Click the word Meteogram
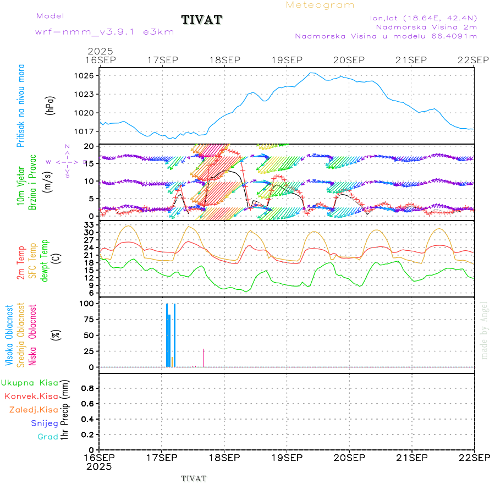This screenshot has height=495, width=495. tap(320, 5)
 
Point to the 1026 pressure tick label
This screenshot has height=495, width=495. tap(89, 75)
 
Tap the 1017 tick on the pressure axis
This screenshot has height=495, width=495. tap(89, 131)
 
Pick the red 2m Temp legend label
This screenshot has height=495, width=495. tap(21, 262)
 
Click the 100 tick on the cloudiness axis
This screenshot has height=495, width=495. tap(88, 304)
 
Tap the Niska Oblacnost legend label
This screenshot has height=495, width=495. tap(33, 335)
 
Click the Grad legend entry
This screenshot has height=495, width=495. tap(47, 437)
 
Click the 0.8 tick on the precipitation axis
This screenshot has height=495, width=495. tap(88, 388)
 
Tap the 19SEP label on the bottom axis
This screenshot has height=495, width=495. tap(287, 458)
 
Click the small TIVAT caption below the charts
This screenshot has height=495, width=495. tap(194, 479)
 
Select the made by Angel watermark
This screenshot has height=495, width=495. tap(485, 330)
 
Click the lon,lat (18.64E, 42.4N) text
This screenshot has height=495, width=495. tap(424, 18)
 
